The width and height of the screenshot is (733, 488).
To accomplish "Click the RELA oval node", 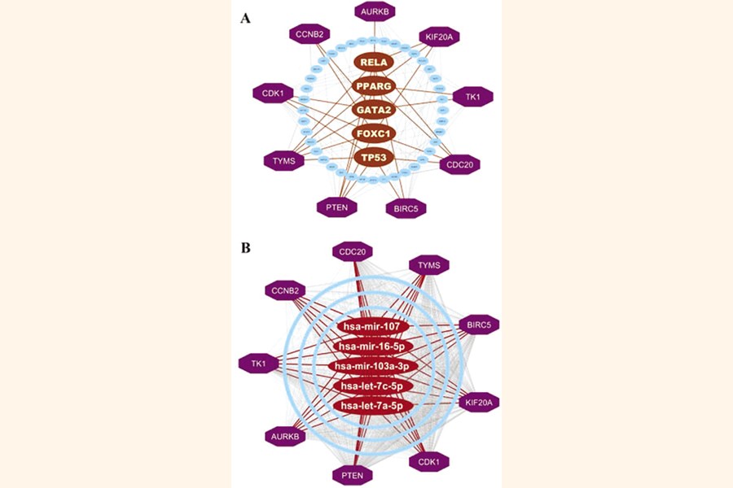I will point(375,62).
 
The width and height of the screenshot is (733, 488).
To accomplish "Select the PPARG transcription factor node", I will point(375,85).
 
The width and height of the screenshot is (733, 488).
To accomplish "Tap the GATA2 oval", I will point(375,109).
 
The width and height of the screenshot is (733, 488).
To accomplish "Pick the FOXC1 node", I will point(375,133).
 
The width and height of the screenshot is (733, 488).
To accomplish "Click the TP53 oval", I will point(375,155).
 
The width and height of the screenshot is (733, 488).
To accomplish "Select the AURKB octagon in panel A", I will point(377,11).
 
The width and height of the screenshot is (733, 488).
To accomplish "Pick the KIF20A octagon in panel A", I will point(441,37).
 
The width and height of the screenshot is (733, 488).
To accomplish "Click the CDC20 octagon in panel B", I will point(353,251).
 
